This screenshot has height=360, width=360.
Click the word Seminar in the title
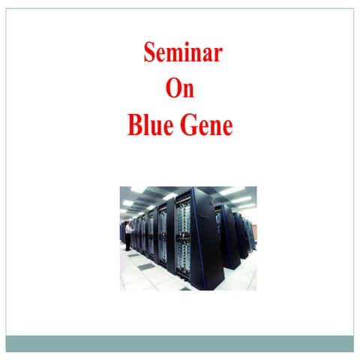point(182,54)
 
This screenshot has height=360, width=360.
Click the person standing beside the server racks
point(128,235)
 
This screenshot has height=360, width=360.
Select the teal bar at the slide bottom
point(180,343)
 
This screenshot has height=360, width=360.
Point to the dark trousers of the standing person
point(128,242)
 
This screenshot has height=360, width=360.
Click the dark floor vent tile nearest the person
point(132,256)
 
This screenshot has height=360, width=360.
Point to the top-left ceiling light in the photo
point(138,190)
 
